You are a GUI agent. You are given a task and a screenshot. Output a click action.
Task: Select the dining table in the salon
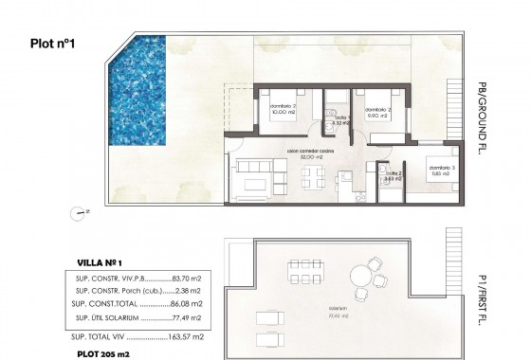tap(313, 175)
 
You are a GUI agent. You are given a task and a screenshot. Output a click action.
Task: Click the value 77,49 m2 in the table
tap(194, 320)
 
